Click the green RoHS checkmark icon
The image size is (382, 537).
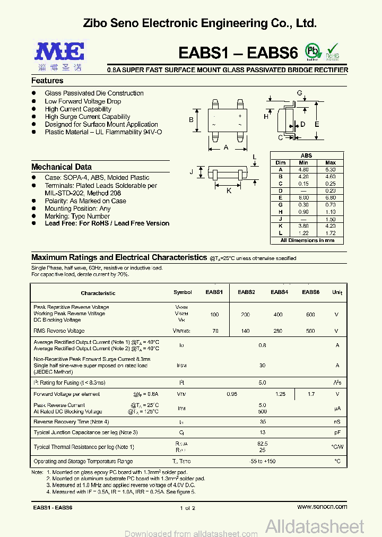332,50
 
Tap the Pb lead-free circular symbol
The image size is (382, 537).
313,51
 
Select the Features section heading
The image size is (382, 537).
47,81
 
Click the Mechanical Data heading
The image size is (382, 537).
62,167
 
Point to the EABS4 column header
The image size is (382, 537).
279,292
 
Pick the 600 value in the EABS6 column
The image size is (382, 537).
310,315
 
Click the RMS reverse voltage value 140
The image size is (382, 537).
245,331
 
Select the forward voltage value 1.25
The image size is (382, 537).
280,394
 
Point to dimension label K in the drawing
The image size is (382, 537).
229,190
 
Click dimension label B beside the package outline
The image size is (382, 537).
192,120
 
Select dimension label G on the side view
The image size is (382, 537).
299,93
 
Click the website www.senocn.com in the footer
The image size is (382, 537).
322,507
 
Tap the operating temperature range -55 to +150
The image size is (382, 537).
262,462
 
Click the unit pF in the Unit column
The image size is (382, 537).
336,432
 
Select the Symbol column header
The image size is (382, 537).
183,292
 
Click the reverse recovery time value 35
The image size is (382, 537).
262,422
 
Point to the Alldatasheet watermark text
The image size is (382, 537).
315,526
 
